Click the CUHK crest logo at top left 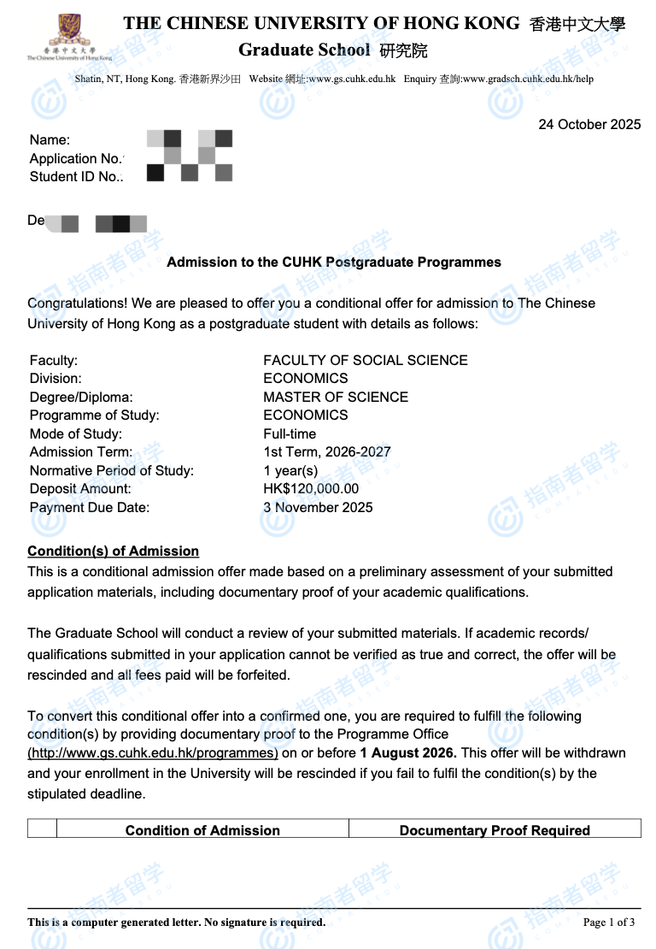tap(68, 32)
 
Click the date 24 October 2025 tap(589, 125)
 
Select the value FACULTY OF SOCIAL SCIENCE tap(366, 361)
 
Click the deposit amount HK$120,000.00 tap(311, 489)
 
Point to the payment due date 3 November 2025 tap(318, 508)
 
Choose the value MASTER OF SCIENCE tap(336, 398)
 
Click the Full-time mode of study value tap(290, 434)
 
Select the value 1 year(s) tap(290, 471)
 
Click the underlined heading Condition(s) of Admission tap(113, 551)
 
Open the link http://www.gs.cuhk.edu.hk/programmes tap(153, 754)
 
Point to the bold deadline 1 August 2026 tap(408, 754)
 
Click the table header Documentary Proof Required tap(495, 830)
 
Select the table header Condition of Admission tap(202, 830)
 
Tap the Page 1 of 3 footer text tap(609, 922)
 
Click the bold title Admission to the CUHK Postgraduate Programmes tap(334, 262)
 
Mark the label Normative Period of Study tap(112, 471)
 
